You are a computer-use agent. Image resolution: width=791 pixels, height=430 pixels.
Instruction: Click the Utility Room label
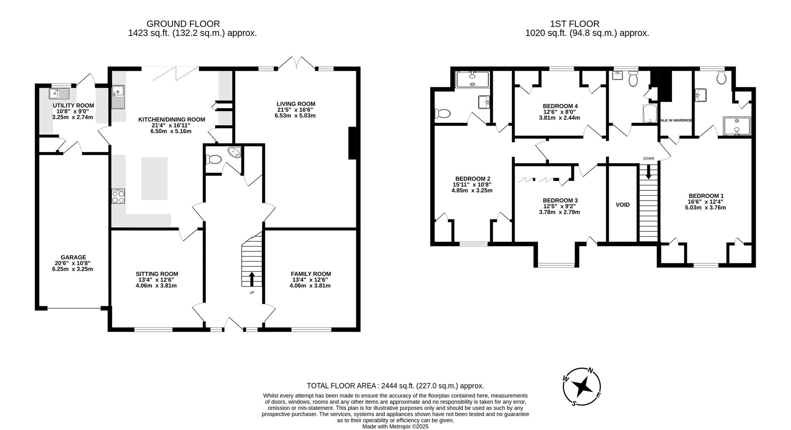pyautogui.click(x=74, y=106)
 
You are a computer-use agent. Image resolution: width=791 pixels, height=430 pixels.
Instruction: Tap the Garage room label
pyautogui.click(x=73, y=257)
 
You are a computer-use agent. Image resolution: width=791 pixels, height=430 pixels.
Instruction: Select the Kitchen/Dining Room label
pyautogui.click(x=172, y=119)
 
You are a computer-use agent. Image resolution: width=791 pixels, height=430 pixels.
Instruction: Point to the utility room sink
pyautogui.click(x=59, y=94)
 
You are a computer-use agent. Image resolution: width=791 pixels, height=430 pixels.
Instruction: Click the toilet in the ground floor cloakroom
pyautogui.click(x=214, y=160)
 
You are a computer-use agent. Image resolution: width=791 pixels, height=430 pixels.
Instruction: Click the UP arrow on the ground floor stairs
pyautogui.click(x=252, y=279)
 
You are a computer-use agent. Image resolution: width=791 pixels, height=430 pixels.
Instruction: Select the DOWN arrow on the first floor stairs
pyautogui.click(x=648, y=172)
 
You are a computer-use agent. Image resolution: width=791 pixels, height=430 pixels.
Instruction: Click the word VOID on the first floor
pyautogui.click(x=623, y=205)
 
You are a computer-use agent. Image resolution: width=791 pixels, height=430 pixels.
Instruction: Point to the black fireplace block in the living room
pyautogui.click(x=352, y=143)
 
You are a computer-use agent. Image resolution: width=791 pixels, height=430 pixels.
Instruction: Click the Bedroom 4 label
pyautogui.click(x=560, y=106)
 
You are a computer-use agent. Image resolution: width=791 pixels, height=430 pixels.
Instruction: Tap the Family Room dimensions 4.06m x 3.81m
pyautogui.click(x=310, y=285)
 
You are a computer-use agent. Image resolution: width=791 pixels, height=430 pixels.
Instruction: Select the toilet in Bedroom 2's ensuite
pyautogui.click(x=443, y=114)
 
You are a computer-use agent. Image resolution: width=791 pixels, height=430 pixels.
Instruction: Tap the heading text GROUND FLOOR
pyautogui.click(x=183, y=24)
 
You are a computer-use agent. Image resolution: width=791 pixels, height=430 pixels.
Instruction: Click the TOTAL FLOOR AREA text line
pyautogui.click(x=395, y=386)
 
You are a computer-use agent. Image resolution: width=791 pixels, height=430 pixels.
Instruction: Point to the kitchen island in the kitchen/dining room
pyautogui.click(x=154, y=179)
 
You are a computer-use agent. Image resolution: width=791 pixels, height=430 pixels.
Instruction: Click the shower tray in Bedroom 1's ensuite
pyautogui.click(x=737, y=127)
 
